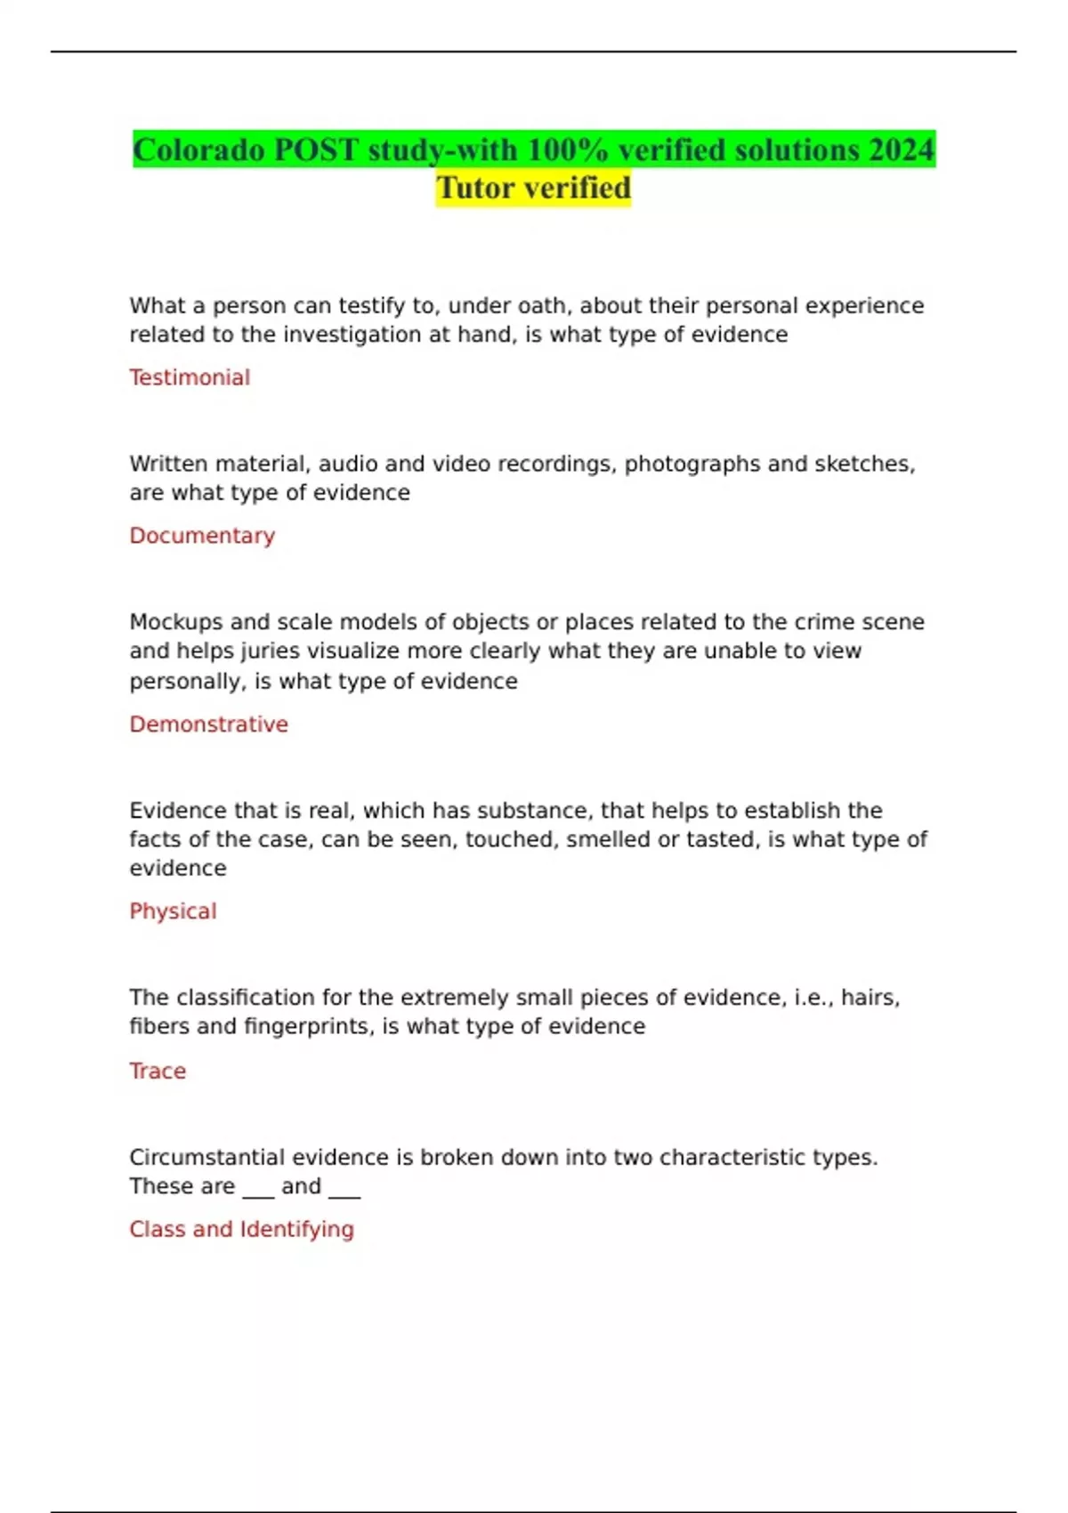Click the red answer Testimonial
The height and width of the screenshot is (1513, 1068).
[x=190, y=377]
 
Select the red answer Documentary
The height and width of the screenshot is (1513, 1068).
[x=202, y=536]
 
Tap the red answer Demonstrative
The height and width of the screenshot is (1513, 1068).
[x=208, y=724]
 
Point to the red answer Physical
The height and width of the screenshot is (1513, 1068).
[x=173, y=911]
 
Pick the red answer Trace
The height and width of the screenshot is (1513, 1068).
[x=158, y=1071]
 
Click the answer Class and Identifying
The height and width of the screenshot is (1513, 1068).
[x=241, y=1229]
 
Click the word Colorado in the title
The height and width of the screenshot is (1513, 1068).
[x=198, y=150]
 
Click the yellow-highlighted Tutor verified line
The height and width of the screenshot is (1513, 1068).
[x=533, y=188]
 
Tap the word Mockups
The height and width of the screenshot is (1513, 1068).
[x=175, y=622]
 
